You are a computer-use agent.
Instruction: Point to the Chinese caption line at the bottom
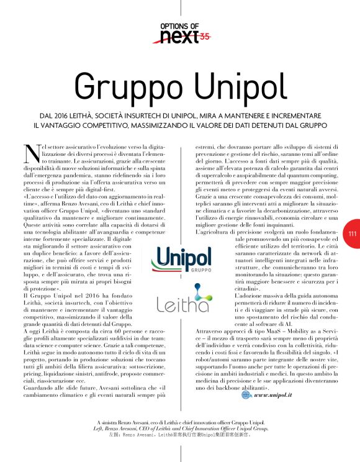[179, 435]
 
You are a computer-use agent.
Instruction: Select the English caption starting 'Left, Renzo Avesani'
[179, 428]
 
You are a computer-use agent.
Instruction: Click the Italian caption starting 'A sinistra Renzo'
[179, 422]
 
